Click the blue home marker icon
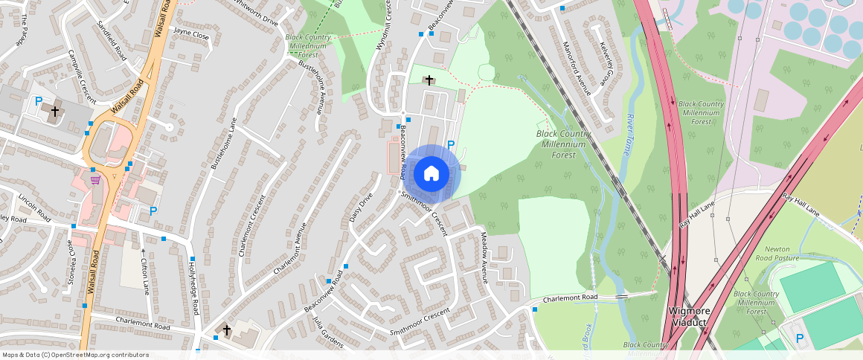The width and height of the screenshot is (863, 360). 431,174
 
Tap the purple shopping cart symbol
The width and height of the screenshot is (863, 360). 95,179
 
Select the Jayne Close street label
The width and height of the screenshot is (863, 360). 191,33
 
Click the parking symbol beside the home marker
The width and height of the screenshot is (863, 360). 450,145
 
